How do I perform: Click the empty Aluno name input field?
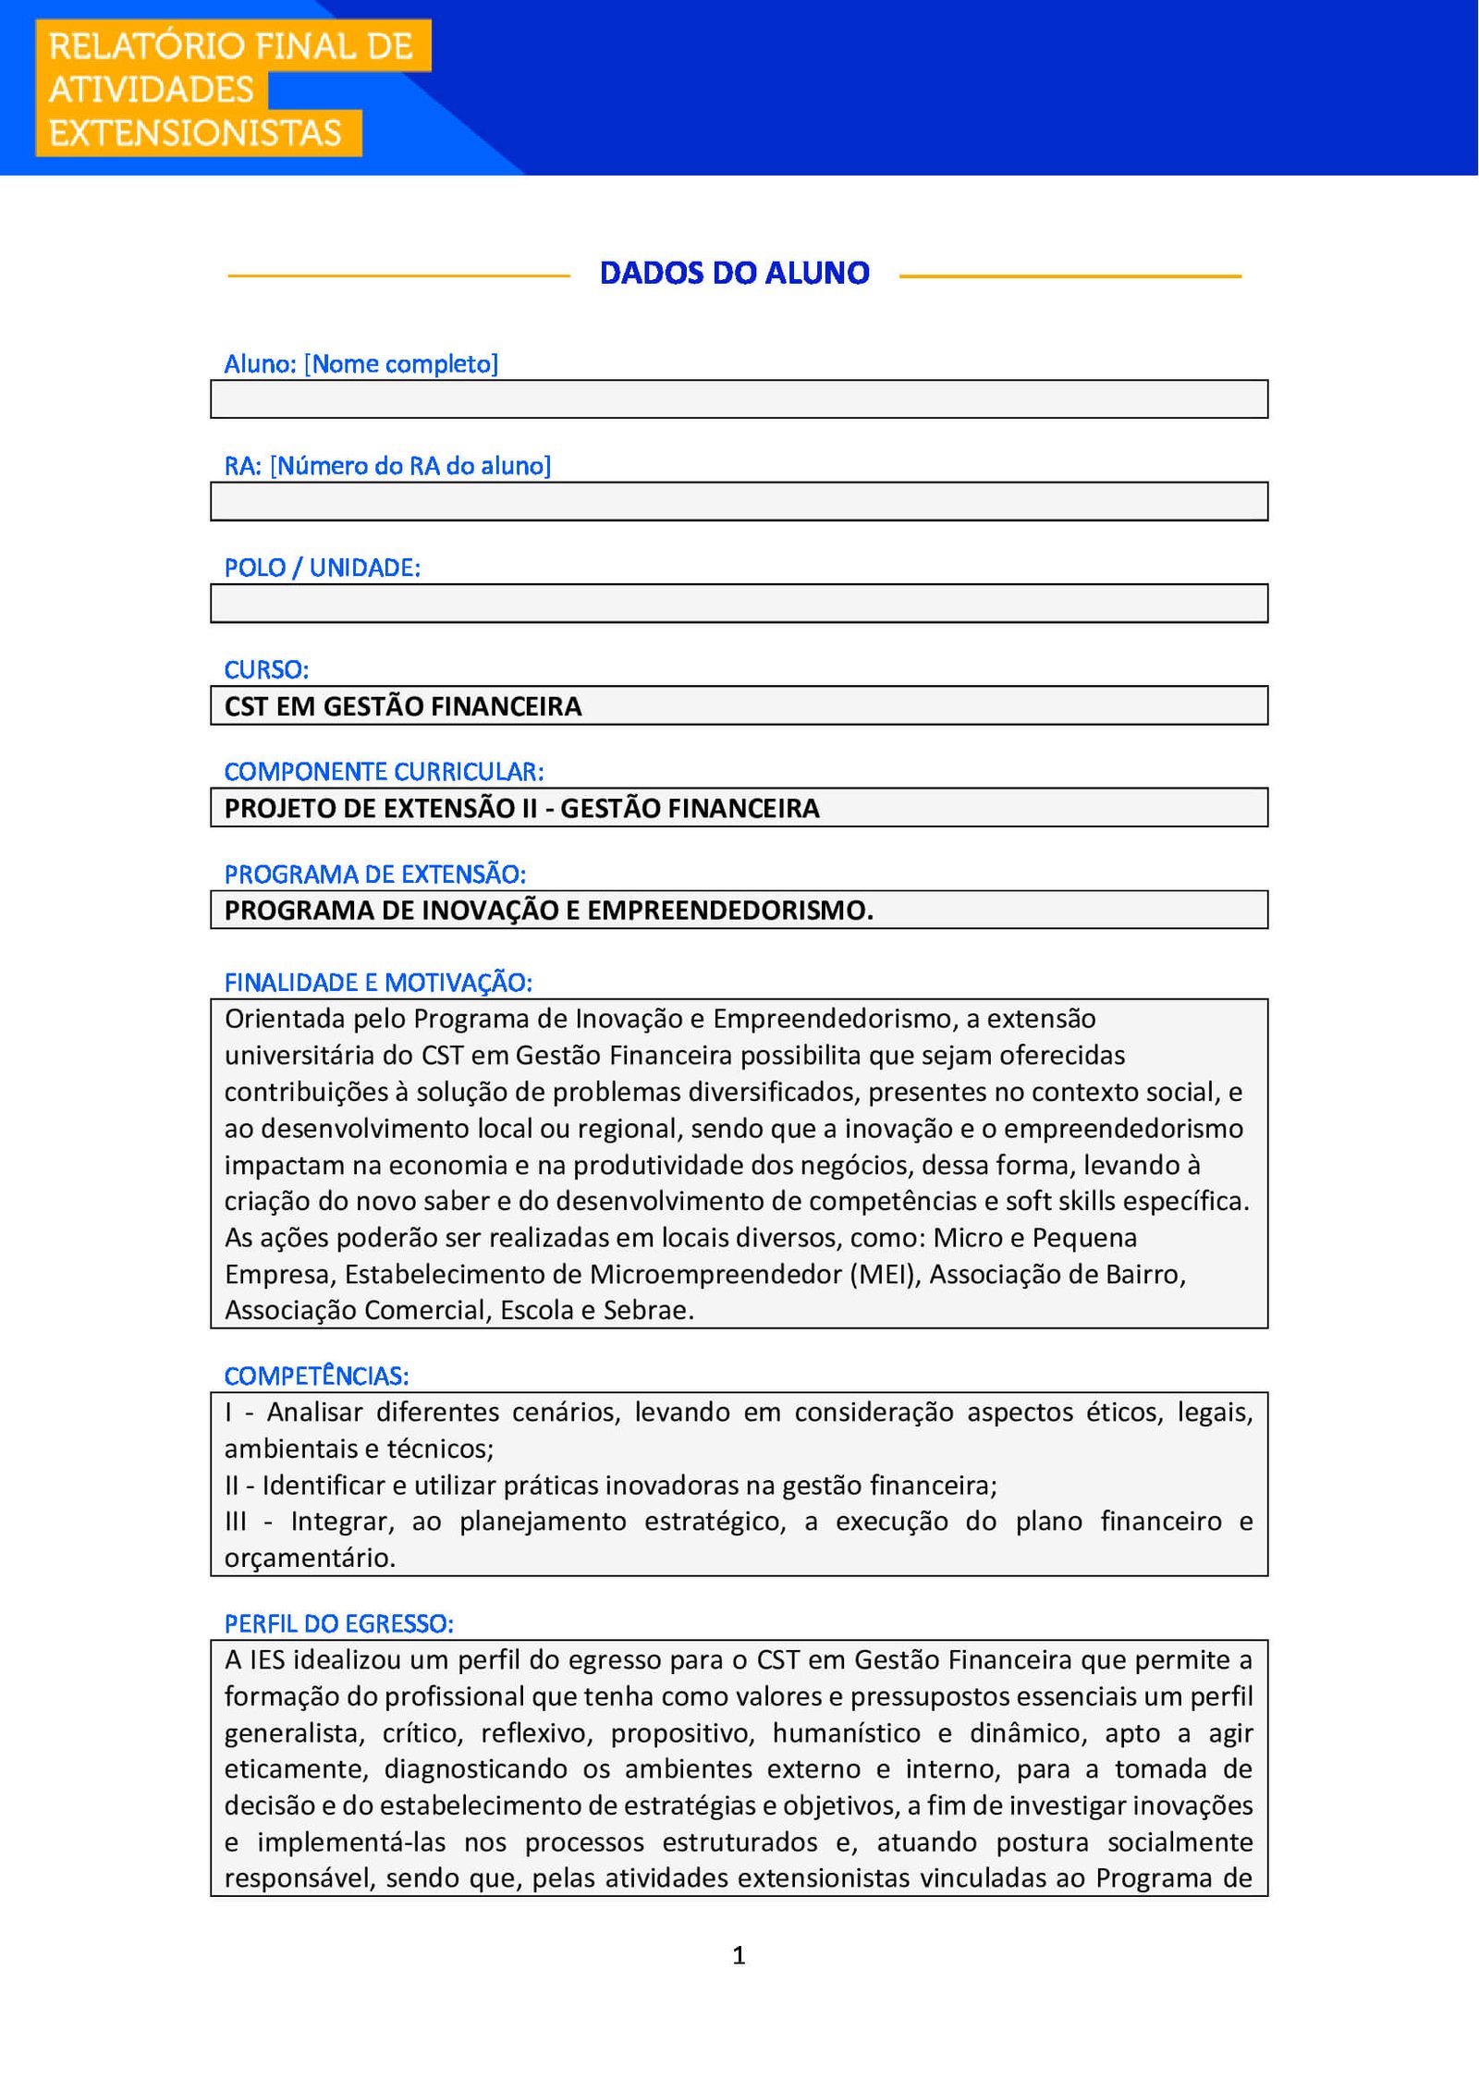(739, 399)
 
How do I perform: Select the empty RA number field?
(739, 501)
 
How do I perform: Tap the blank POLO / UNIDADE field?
(739, 603)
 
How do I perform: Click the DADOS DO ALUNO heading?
(735, 274)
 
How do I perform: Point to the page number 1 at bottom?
(739, 1954)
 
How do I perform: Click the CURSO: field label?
(266, 669)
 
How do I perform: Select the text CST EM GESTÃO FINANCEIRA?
(403, 706)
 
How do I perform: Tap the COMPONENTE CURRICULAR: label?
(384, 771)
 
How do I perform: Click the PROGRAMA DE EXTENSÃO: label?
(374, 874)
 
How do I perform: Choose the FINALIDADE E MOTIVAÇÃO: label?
(378, 983)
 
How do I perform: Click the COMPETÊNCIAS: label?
(316, 1376)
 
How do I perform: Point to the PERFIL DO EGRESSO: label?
(338, 1624)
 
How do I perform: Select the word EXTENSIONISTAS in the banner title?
(195, 133)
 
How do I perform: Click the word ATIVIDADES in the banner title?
(151, 90)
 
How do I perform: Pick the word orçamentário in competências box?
(310, 1558)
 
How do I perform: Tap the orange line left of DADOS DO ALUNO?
(398, 275)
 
